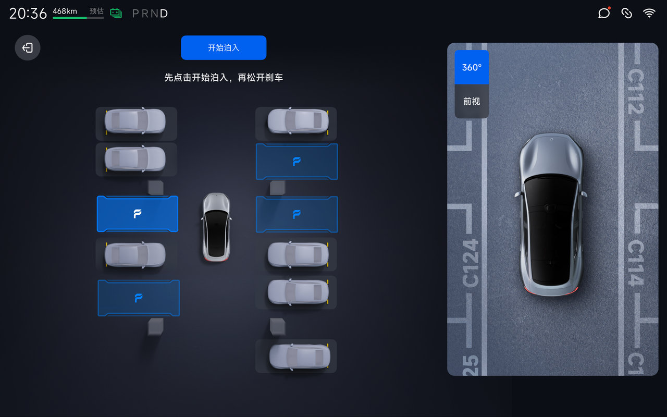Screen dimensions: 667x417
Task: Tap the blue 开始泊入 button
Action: pos(224,47)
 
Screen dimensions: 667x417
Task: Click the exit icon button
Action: pos(28,47)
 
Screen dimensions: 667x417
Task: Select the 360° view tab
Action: pos(472,67)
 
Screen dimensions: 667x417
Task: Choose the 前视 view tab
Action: pos(472,101)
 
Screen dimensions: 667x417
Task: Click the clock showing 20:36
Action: pos(28,14)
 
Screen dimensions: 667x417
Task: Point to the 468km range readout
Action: pos(65,11)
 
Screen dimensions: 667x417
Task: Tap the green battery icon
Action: pos(116,13)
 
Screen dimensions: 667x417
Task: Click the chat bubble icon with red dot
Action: pos(604,13)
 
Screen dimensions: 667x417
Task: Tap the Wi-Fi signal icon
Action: pos(649,13)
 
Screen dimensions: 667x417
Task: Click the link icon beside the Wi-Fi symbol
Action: pos(626,13)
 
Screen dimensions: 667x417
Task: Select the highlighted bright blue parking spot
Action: pos(138,214)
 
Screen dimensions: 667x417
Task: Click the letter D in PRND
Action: pos(164,14)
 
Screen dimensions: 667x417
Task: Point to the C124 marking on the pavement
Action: pos(471,263)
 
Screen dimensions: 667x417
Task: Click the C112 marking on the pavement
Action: pos(636,92)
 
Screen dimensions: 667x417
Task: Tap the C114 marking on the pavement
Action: pos(636,263)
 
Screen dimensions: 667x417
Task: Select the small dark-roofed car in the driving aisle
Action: pos(216,227)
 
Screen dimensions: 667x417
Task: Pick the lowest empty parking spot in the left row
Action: pos(139,298)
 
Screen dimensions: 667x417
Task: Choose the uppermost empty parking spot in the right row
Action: pos(297,162)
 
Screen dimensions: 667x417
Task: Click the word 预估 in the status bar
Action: pos(96,11)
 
